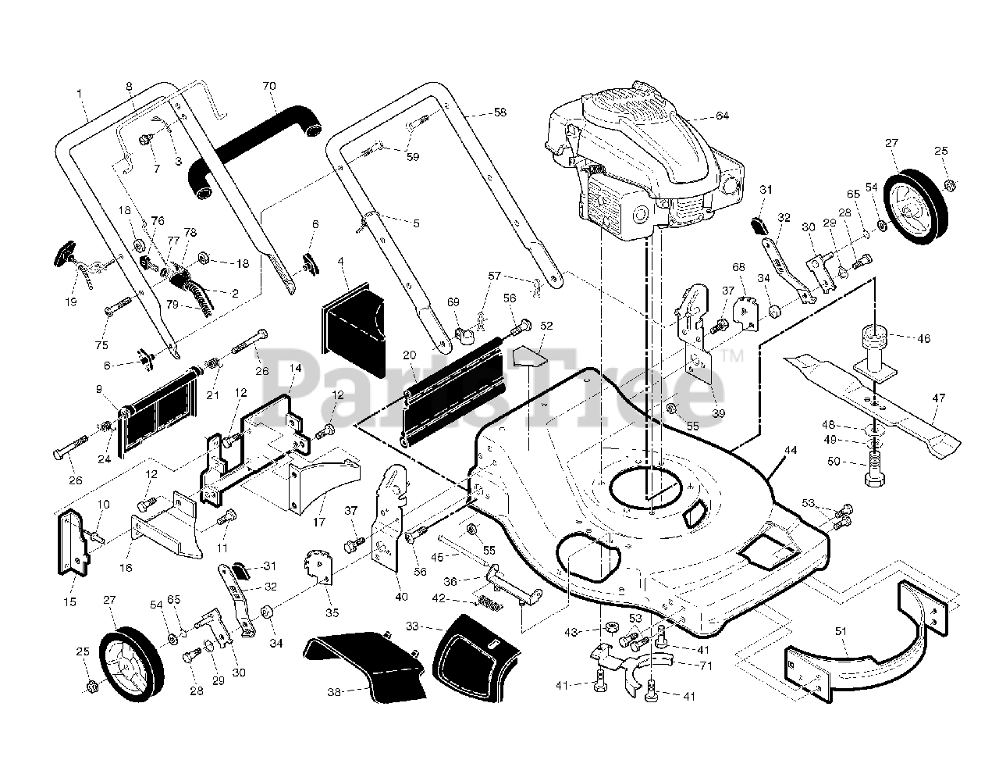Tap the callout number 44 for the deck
[x=791, y=451]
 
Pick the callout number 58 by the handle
[x=499, y=112]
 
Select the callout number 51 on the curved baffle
[x=841, y=632]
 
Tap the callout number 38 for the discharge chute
[x=334, y=691]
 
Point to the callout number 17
[x=318, y=522]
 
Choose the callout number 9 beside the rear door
[x=99, y=390]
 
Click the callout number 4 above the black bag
[x=340, y=262]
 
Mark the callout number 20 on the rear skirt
[x=409, y=355]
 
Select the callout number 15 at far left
[x=70, y=601]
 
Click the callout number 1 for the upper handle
[x=79, y=94]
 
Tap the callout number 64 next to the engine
[x=722, y=116]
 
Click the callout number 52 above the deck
[x=546, y=325]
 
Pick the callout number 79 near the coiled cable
[x=172, y=304]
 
